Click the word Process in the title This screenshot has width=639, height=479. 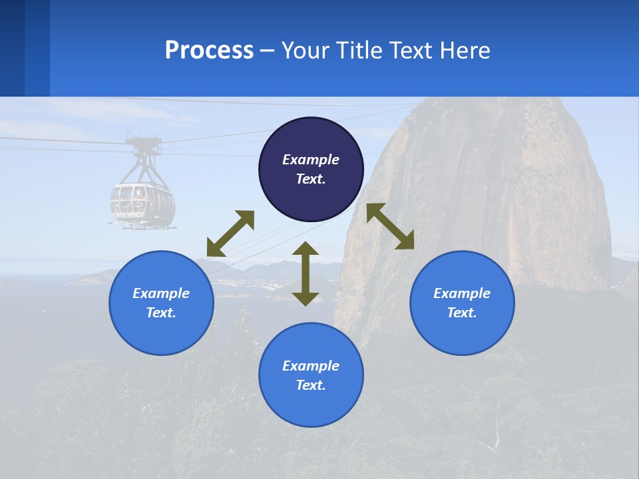coord(209,51)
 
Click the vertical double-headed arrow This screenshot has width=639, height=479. coord(306,273)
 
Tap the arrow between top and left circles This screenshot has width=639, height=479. coord(231,233)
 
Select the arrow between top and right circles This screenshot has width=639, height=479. coord(390,226)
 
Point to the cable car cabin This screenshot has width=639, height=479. coord(142,203)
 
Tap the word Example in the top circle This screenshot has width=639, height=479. coord(311,160)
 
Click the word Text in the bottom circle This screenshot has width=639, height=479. coord(311,385)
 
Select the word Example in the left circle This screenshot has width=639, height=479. coord(161,293)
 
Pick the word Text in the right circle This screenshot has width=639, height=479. coord(462,313)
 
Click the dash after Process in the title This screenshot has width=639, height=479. coord(268,51)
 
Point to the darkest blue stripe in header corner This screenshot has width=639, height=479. coord(12,48)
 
